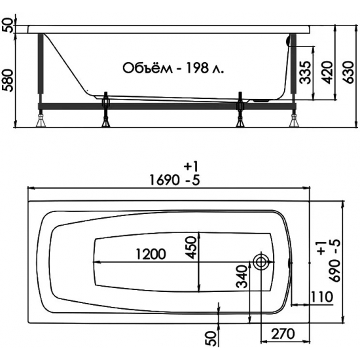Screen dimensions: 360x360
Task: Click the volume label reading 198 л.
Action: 205,68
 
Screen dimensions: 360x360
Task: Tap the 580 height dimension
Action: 9,81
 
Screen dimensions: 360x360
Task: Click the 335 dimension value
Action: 306,73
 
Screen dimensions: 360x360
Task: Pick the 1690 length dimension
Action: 164,180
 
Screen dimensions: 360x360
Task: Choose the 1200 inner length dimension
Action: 151,254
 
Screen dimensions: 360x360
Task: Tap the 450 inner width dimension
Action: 191,247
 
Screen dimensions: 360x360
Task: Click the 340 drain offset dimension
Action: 242,277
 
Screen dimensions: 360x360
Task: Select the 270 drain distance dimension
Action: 283,334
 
